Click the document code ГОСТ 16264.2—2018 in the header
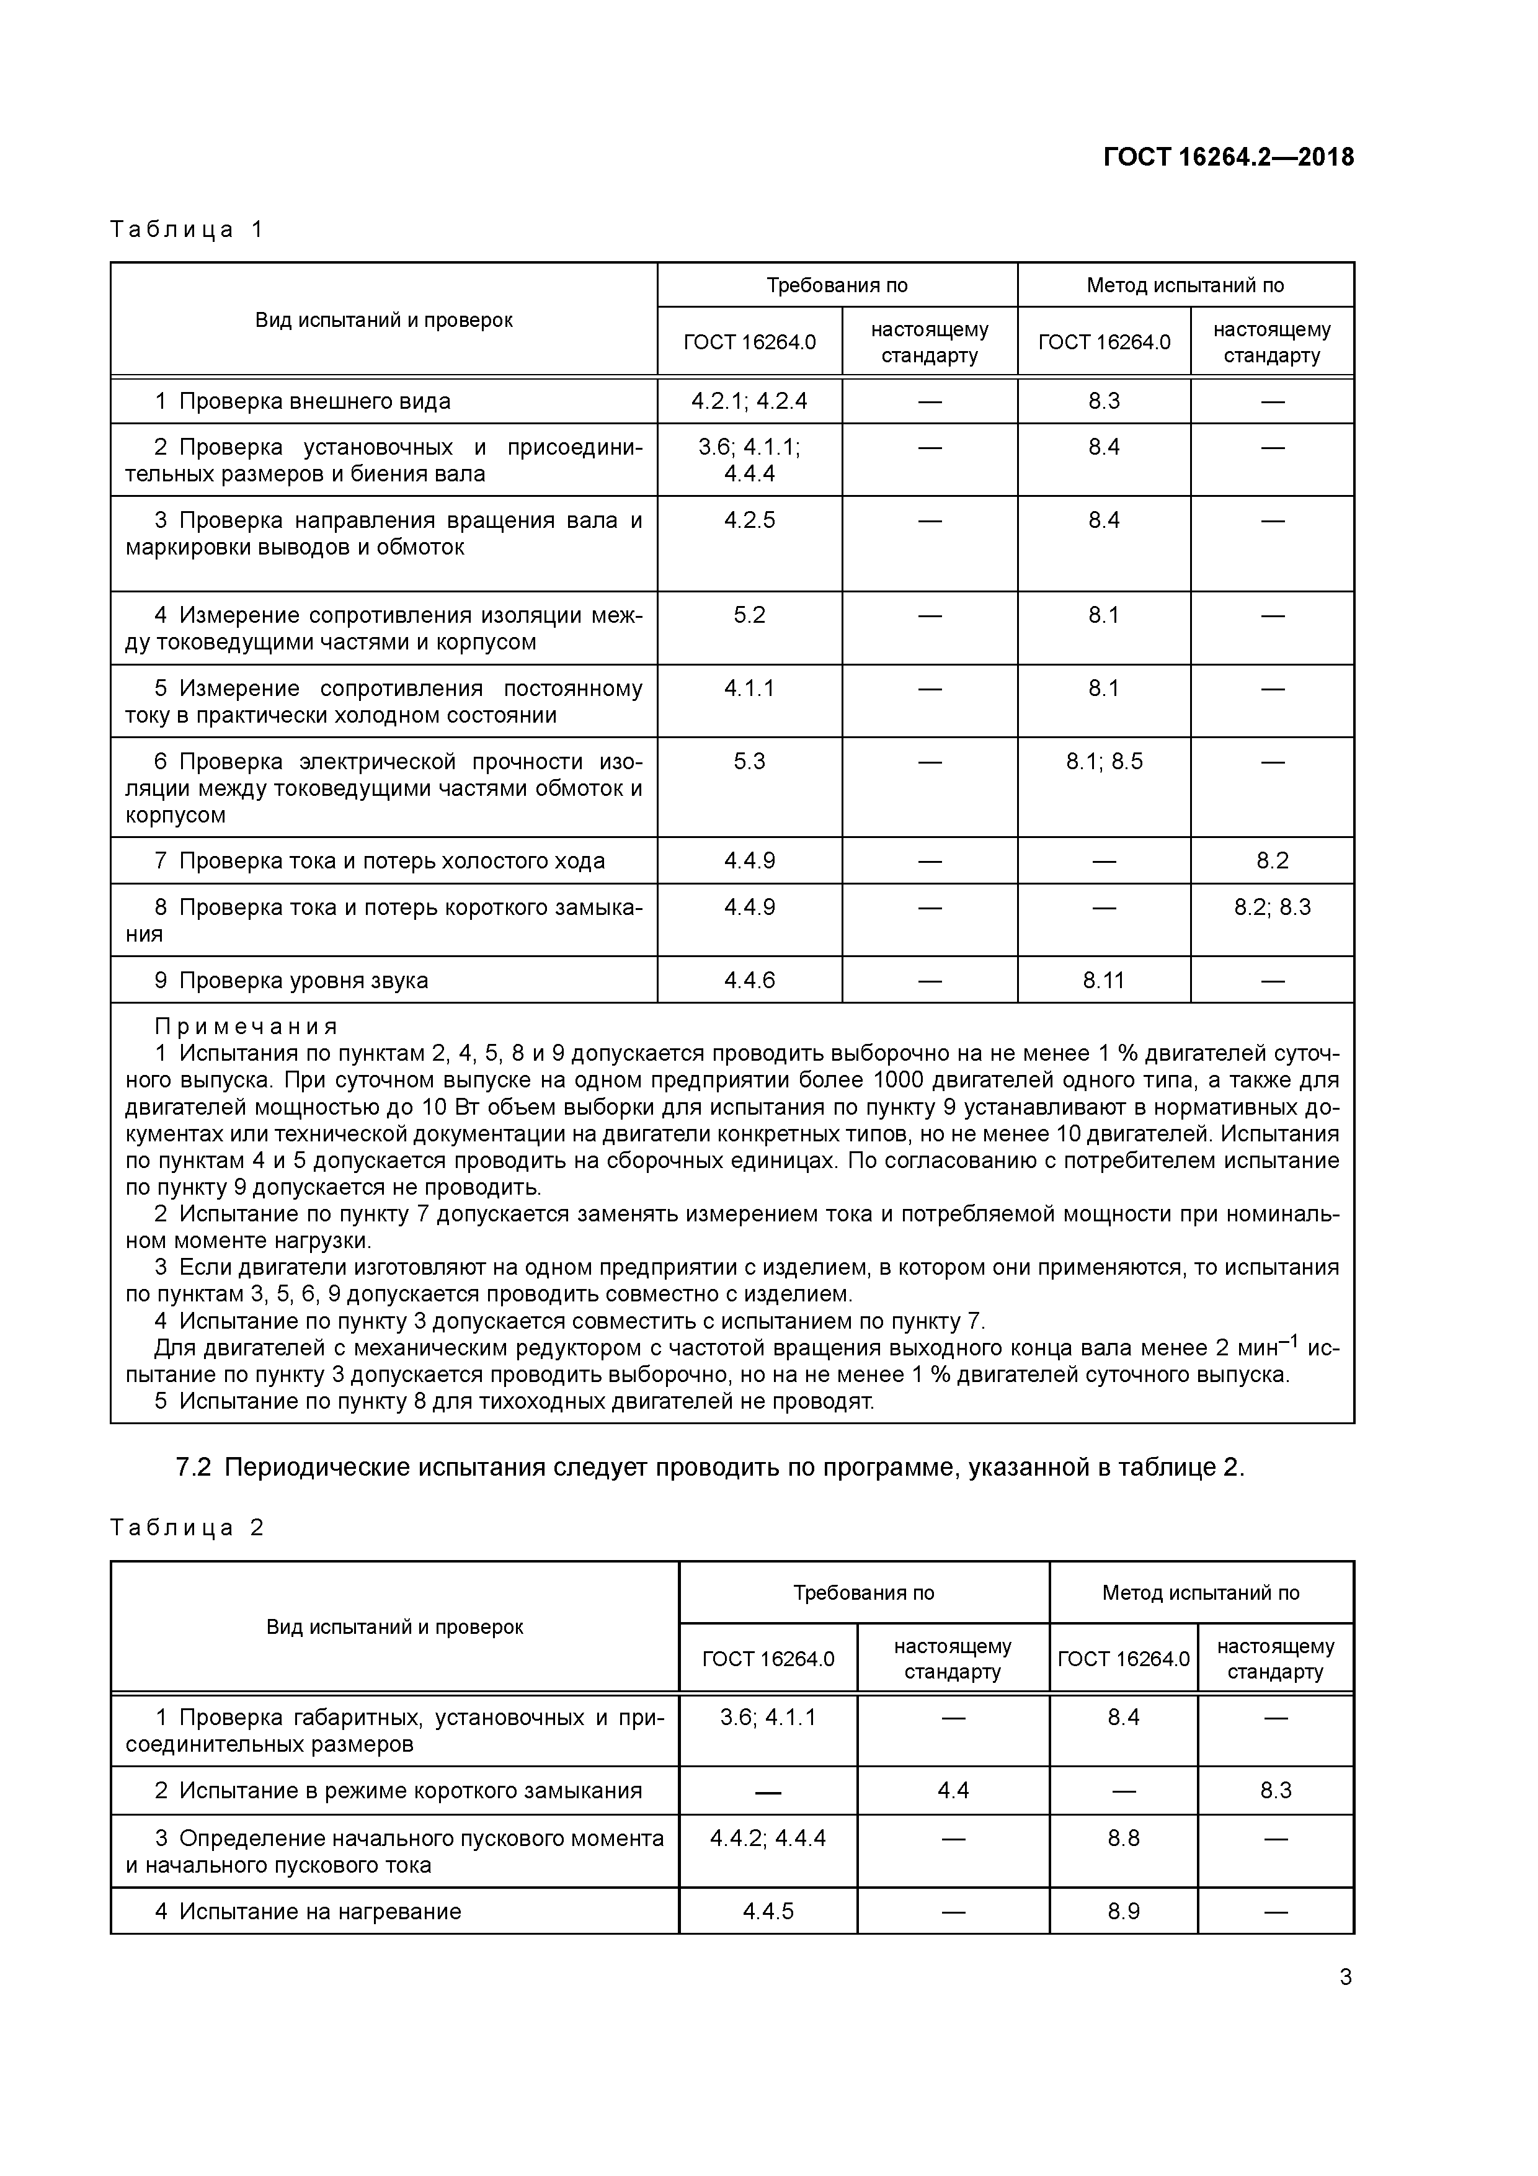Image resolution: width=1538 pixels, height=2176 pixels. pos(1228,158)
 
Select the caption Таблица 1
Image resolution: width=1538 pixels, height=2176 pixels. pos(187,230)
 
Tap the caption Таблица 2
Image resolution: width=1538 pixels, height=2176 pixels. pos(187,1527)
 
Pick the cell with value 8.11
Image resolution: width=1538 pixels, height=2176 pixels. pos(1103,980)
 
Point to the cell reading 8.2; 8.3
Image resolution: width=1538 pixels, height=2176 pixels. pos(1272,907)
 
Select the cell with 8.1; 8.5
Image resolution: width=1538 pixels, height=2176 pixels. pos(1103,762)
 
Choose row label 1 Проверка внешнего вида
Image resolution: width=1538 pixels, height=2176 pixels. pos(303,401)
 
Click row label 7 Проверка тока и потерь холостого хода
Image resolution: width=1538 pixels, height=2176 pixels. pos(379,860)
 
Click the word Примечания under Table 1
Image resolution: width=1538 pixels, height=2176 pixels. pos(246,1027)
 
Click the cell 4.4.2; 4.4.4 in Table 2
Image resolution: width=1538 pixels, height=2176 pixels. pos(768,1839)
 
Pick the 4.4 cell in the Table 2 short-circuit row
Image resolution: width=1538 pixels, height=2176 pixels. pos(953,1790)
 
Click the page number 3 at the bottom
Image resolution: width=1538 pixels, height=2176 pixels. pos(1345,1977)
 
